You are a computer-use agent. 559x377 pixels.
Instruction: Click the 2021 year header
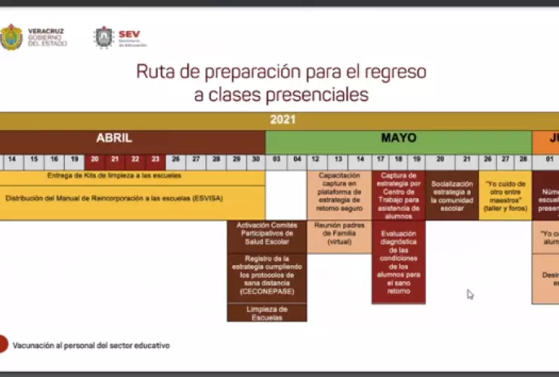283,119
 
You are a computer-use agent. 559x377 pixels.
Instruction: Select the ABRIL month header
114,138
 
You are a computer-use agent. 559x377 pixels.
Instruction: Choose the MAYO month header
398,138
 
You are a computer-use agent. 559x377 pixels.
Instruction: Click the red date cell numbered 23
155,160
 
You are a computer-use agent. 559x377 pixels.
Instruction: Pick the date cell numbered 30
256,160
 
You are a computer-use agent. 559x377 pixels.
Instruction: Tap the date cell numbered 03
276,160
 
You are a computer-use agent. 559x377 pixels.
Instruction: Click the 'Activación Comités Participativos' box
267,235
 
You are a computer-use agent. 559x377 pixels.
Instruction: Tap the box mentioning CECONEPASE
267,275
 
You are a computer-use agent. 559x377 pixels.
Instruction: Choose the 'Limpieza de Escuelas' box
267,312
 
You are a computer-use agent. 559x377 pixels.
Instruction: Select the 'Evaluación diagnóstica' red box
398,261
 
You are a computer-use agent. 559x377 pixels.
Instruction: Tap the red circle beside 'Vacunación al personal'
4,345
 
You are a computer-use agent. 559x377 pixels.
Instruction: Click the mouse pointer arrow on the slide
470,294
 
